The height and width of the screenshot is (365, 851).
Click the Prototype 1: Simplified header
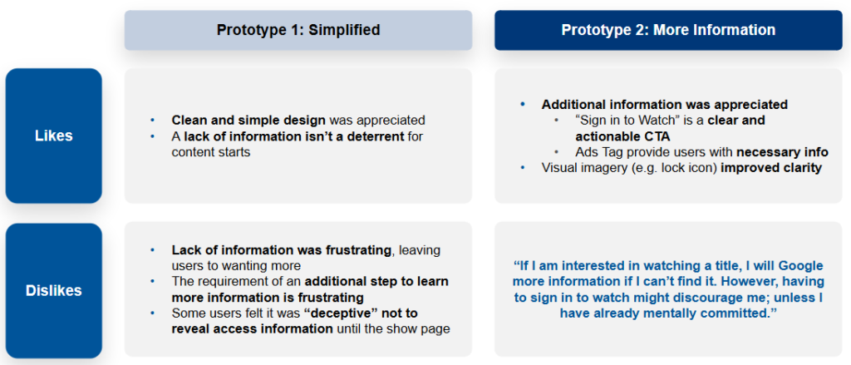(298, 30)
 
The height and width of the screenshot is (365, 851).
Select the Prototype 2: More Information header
(668, 30)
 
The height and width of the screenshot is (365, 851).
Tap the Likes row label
(54, 136)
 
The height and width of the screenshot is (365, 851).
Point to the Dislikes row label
(54, 291)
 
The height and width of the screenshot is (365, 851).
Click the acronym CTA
(657, 136)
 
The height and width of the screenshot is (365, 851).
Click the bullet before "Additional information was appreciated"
(524, 104)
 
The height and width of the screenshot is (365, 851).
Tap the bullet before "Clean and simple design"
(153, 120)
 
